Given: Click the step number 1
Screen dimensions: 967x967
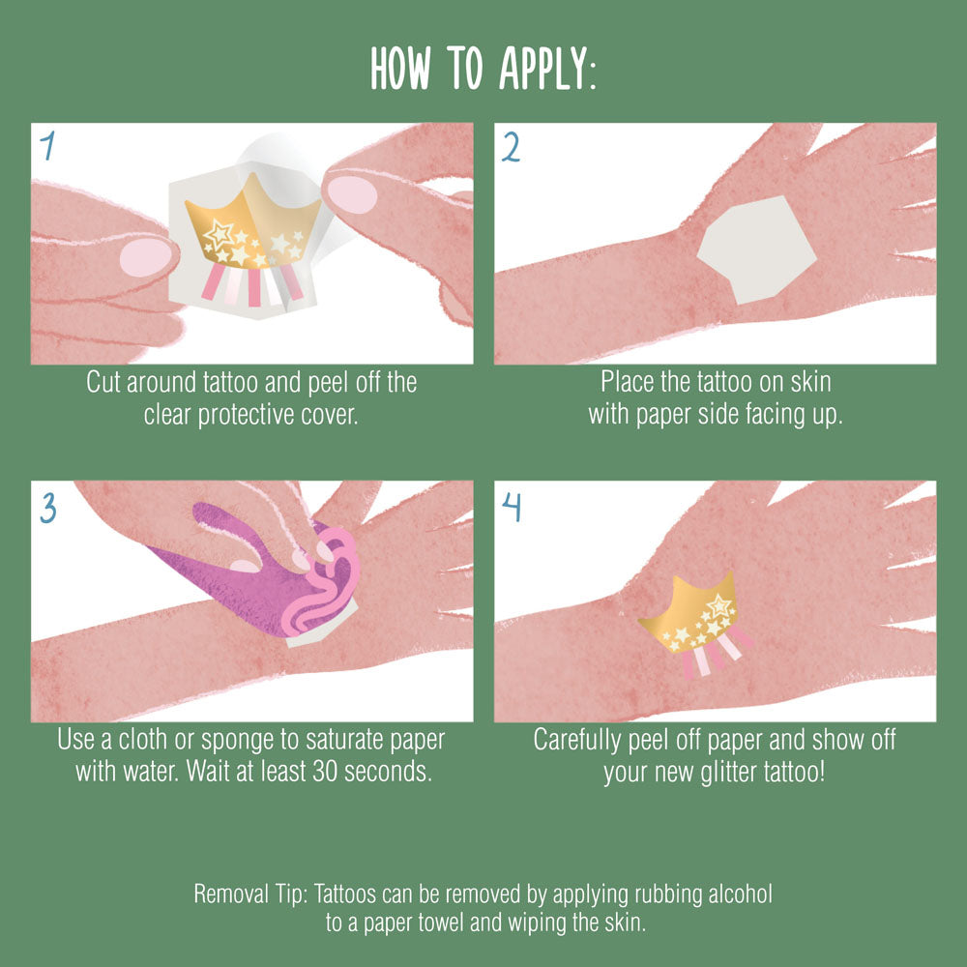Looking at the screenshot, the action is click(x=47, y=146).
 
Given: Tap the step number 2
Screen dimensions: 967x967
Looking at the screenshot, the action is click(x=511, y=147).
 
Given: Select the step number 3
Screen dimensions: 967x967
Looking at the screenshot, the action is click(x=48, y=508).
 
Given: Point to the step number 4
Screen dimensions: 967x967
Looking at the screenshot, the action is click(x=512, y=507).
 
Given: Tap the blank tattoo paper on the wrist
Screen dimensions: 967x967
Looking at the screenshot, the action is click(x=757, y=249).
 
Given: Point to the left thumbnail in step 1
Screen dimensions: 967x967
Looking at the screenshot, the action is click(x=146, y=256).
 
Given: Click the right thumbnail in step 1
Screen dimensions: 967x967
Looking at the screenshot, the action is click(x=352, y=193).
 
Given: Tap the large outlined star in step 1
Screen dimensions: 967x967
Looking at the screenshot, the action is click(x=219, y=234).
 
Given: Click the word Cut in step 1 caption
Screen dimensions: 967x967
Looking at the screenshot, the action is click(x=103, y=382).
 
